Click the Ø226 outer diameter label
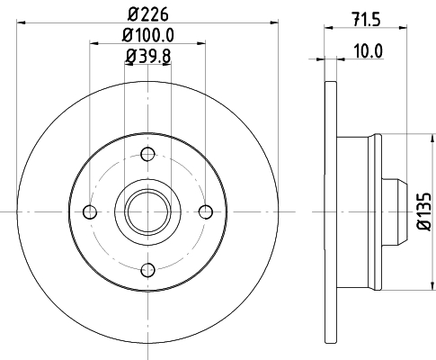coord(148,14)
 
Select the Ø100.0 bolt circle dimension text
coord(148,36)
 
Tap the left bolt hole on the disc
coord(89,211)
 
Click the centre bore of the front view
coord(147,211)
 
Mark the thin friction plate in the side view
coord(327,211)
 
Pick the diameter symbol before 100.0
coord(125,36)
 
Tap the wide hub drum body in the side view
coord(360,211)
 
